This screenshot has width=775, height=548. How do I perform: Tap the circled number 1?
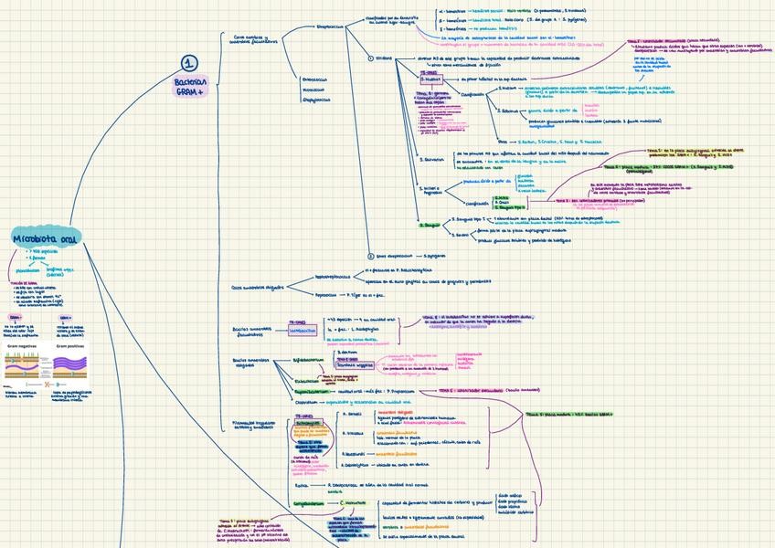(x=188, y=64)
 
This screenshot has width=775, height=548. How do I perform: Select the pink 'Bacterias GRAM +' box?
(x=190, y=88)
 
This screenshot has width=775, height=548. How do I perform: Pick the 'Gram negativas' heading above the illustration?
(x=23, y=346)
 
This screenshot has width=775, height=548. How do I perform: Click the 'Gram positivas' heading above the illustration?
(x=70, y=346)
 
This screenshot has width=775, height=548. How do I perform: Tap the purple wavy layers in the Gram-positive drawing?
(x=71, y=363)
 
